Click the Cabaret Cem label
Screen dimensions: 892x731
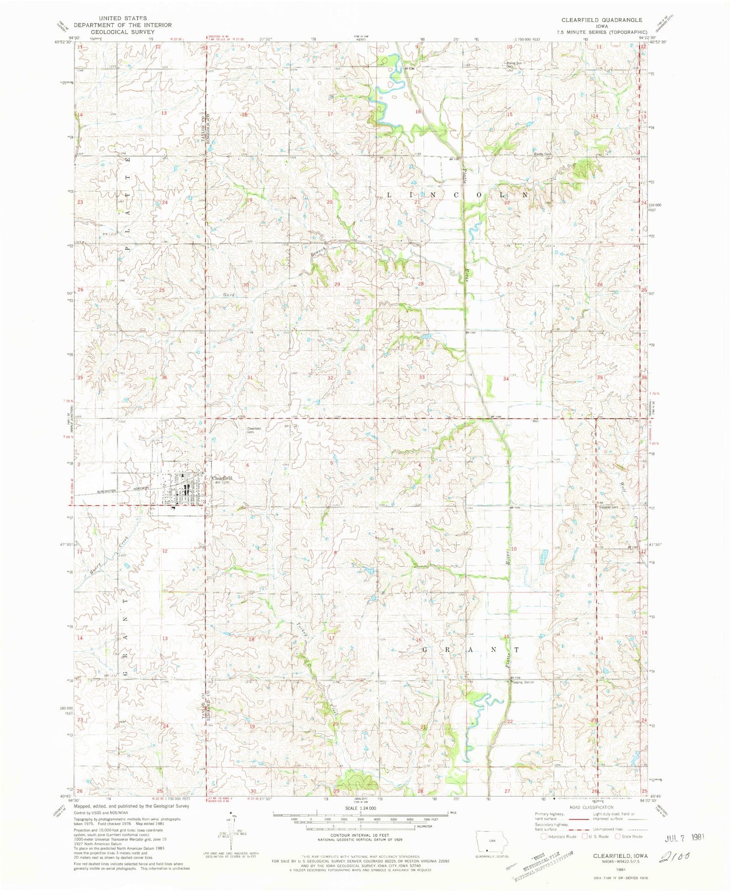609,507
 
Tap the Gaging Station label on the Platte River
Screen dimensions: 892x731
522,682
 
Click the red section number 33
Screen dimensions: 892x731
421,377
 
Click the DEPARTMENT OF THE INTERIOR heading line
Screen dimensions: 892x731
123,25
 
